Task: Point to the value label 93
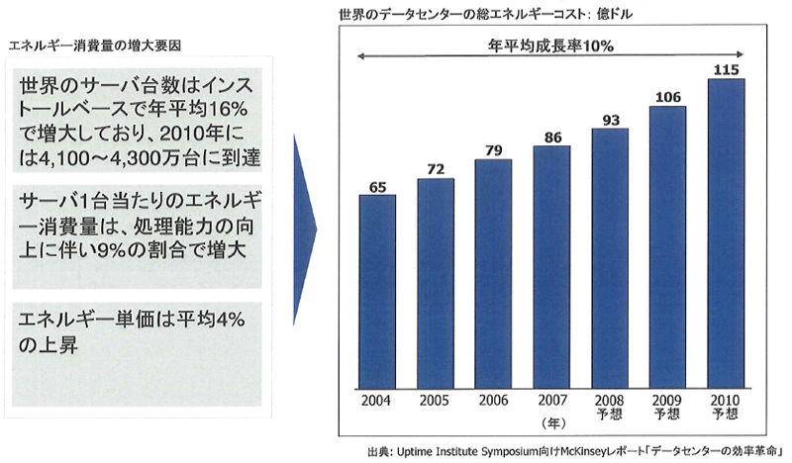(x=610, y=120)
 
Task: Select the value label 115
(x=727, y=69)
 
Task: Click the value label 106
(x=668, y=96)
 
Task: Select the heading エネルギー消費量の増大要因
(x=94, y=46)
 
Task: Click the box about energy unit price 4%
(x=135, y=331)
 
